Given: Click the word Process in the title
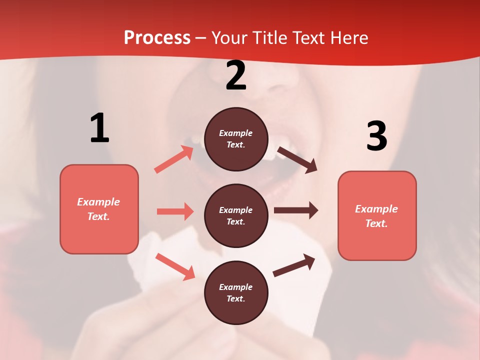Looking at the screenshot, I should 157,37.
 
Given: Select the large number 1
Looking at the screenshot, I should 99,128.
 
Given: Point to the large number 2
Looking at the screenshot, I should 236,75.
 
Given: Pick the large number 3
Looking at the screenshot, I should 376,136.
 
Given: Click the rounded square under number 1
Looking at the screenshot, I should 99,209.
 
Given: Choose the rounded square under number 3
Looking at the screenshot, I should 377,215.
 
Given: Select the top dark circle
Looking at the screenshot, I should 236,139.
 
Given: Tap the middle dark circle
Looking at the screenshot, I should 236,215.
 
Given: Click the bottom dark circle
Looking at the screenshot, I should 236,292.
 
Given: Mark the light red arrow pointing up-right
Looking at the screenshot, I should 174,159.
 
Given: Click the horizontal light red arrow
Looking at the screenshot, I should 175,211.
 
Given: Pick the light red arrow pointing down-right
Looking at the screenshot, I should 175,266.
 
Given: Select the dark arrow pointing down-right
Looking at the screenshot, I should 297,160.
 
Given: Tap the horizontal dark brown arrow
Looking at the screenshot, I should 296,210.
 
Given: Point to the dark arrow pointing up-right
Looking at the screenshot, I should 294,265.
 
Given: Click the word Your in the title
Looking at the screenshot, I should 230,37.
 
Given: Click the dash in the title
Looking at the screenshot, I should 201,38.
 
